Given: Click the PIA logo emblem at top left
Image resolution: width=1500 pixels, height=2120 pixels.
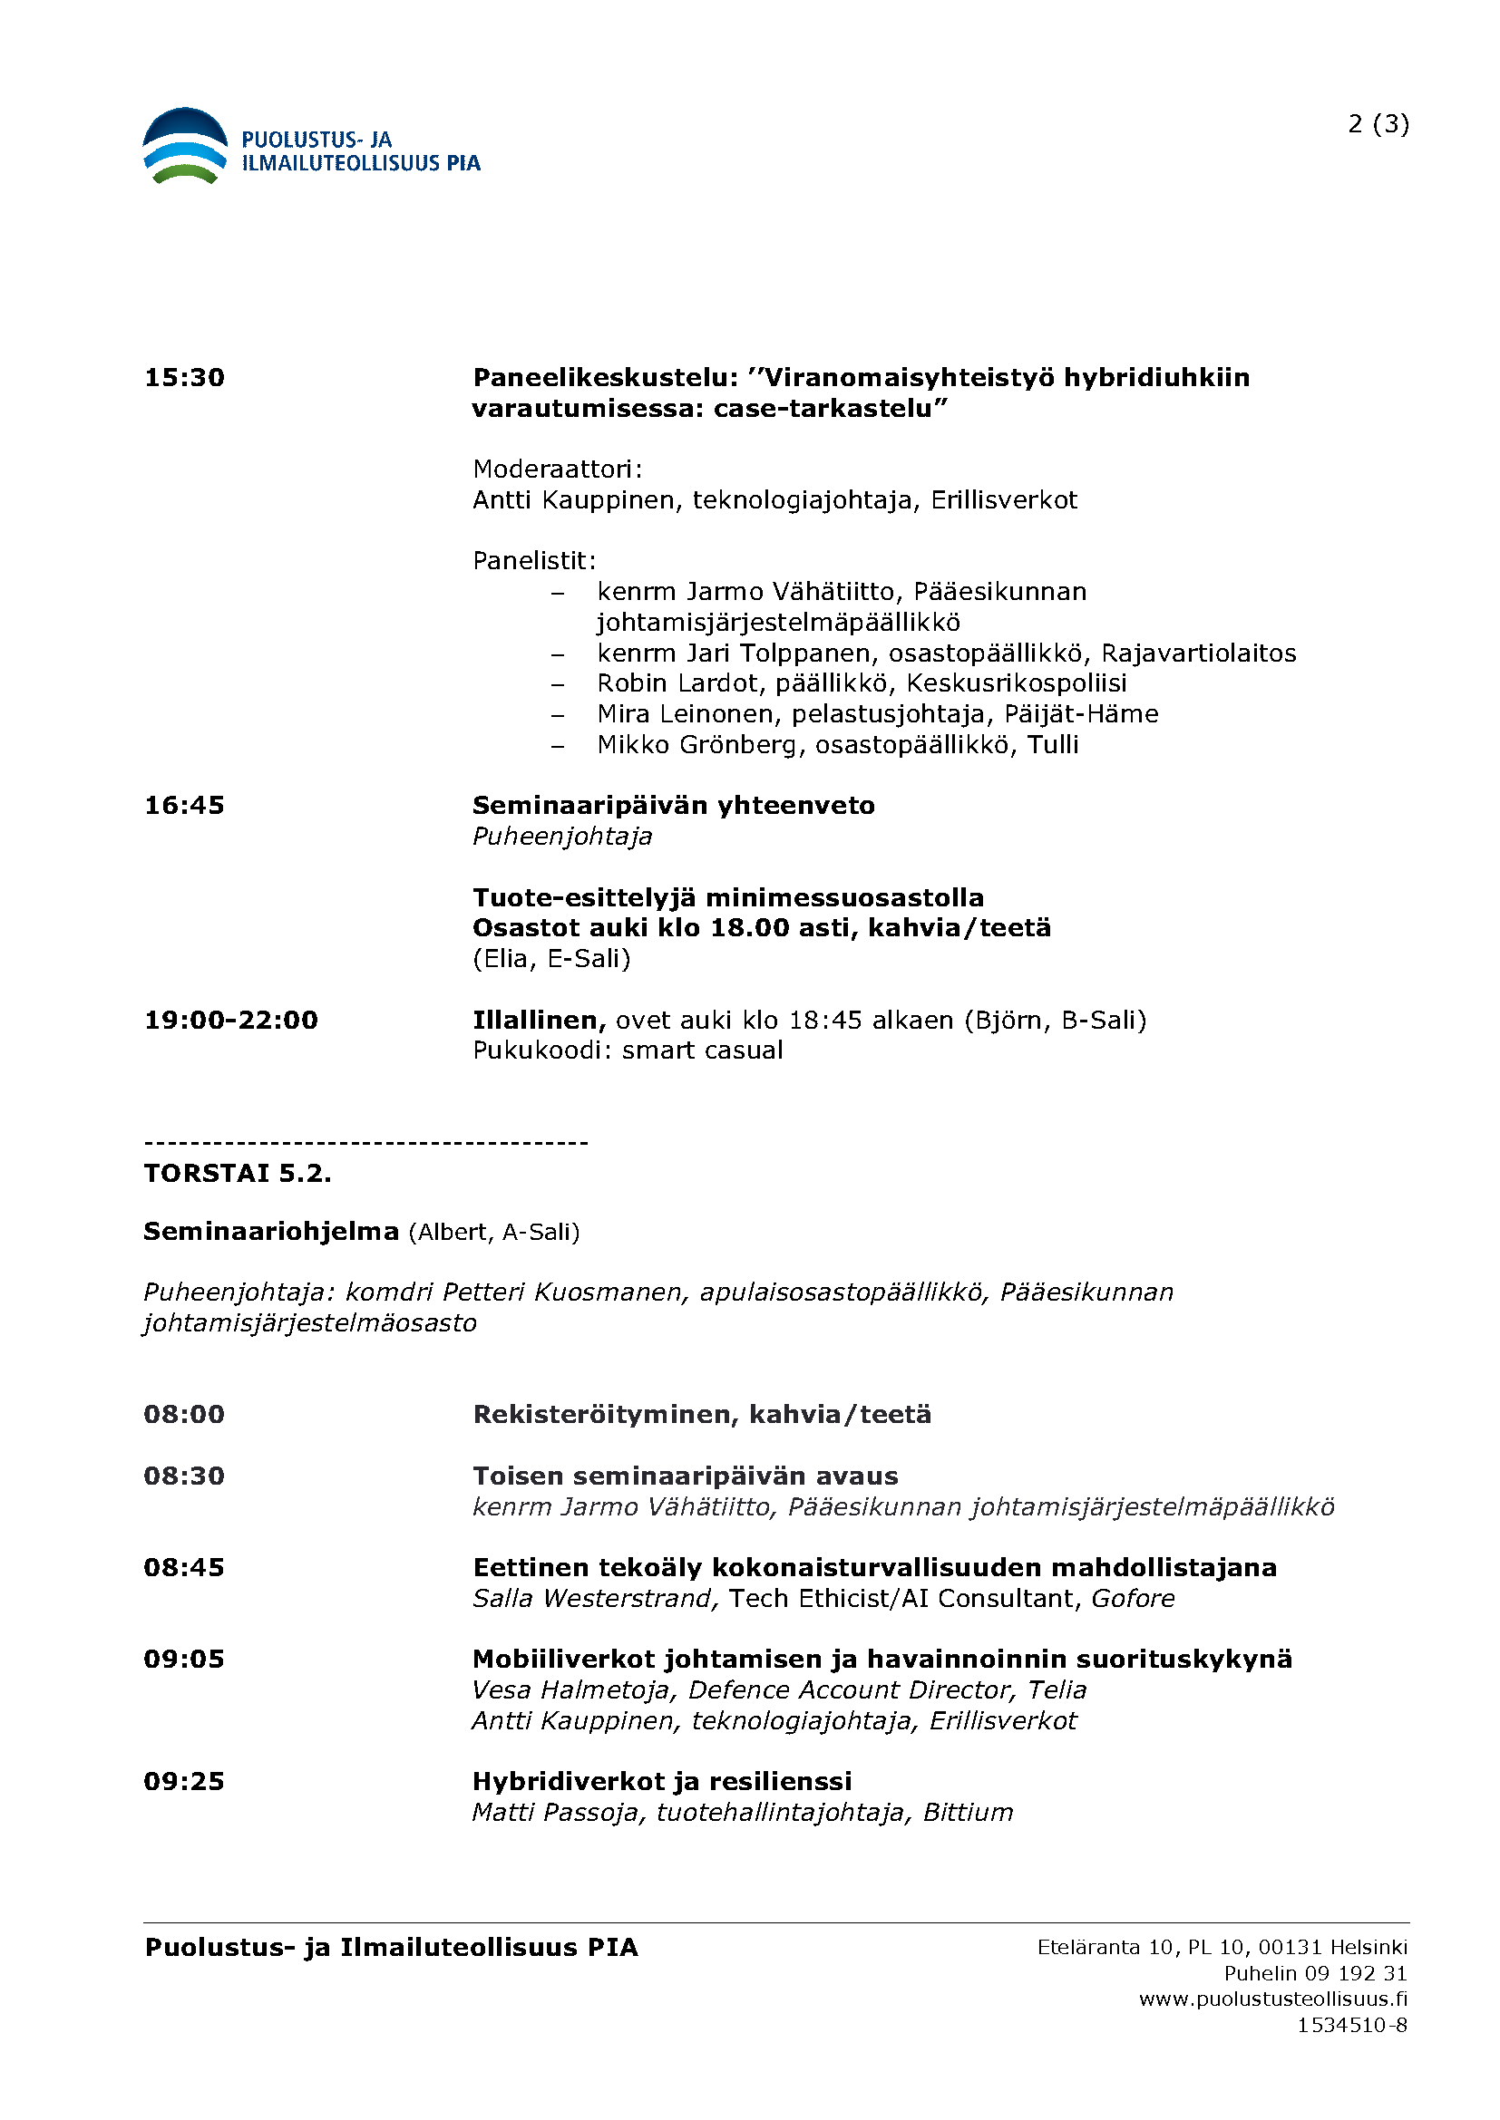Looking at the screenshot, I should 185,147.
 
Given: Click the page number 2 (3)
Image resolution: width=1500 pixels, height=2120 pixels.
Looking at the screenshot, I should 1378,124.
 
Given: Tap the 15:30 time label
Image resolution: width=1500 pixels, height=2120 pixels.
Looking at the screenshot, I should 185,378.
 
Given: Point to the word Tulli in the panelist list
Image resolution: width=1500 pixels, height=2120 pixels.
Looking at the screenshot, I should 1053,744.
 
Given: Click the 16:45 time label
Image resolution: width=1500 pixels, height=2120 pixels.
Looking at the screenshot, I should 185,805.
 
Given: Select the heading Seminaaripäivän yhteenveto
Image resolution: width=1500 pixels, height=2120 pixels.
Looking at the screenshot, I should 673,805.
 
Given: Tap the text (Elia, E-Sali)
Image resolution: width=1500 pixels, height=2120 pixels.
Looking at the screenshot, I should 551,958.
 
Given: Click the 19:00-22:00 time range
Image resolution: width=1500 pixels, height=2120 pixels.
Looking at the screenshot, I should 231,1021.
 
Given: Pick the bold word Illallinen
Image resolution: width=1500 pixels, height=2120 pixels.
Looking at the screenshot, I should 539,1021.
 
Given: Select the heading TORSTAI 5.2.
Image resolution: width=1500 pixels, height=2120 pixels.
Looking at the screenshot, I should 238,1174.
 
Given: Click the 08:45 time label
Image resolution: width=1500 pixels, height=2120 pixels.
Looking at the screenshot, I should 185,1568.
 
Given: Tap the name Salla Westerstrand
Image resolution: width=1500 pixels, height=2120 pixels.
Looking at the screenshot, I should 595,1598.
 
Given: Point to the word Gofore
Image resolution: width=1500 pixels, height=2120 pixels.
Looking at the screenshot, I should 1133,1598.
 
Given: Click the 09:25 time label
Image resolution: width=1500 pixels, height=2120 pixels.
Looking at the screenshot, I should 185,1782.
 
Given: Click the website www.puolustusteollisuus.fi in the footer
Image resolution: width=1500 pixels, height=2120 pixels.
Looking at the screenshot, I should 1272,1999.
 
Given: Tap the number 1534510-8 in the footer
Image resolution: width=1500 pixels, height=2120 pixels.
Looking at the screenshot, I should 1352,2025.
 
